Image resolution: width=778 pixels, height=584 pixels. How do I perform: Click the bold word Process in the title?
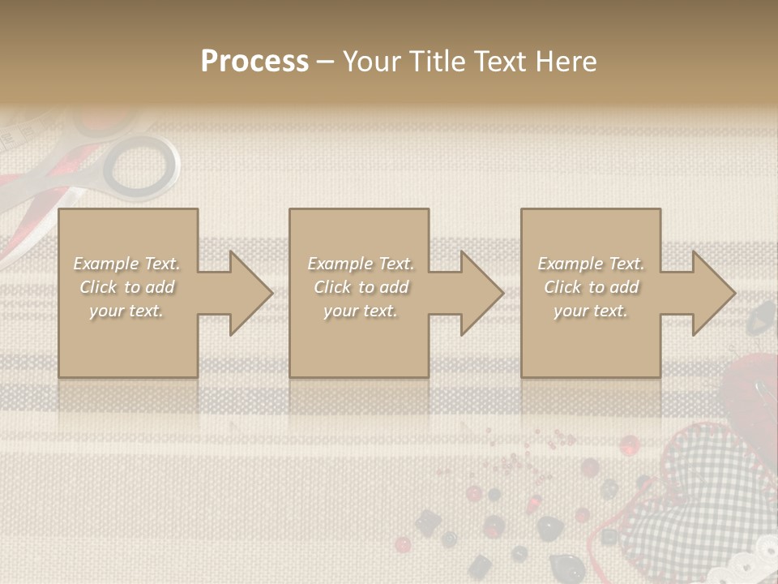pos(254,62)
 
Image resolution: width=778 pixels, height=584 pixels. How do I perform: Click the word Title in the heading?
pos(436,62)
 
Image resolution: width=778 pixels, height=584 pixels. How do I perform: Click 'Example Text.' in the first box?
pos(127,264)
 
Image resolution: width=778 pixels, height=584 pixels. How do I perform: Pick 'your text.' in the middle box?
pos(360,311)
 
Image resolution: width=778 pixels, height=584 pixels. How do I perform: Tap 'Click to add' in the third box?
pos(591,287)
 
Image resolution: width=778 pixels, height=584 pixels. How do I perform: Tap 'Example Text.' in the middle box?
pos(360,264)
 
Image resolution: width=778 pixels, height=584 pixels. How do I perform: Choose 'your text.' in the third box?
pos(591,311)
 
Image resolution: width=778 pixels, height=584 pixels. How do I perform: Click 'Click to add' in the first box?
pos(127,287)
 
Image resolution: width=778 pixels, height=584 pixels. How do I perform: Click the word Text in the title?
pos(497,62)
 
